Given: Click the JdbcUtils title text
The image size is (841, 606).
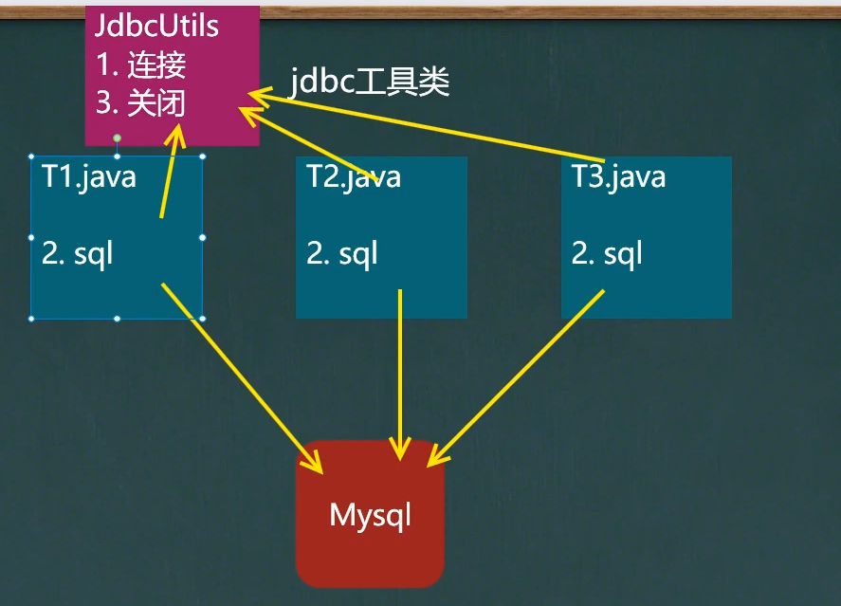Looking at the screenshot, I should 156,26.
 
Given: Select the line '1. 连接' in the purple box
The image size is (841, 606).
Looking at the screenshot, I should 141,64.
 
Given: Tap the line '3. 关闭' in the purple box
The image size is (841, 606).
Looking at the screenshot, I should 141,102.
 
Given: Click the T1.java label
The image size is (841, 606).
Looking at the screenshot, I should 89,176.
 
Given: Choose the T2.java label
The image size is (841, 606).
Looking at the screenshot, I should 354,176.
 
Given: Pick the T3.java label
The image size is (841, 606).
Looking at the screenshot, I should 618,176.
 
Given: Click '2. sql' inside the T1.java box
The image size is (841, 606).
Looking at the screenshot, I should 77,253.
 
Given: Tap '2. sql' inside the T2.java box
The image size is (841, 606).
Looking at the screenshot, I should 342,253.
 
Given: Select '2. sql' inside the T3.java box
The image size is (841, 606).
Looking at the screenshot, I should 607,253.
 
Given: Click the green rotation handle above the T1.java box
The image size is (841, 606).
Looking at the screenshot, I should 117,138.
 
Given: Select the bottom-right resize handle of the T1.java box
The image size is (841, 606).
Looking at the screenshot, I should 202,319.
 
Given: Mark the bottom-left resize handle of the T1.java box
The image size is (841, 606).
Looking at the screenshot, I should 31,319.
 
